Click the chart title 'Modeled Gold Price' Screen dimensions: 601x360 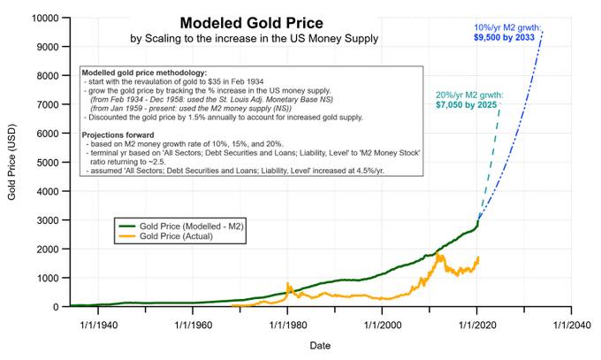251,23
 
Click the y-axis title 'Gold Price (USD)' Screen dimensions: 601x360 11,162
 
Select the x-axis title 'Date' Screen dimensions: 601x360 320,346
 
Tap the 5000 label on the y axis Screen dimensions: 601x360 48,163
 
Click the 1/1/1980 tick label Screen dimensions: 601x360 288,326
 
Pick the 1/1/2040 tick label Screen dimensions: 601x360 572,326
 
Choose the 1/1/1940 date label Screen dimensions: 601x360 98,326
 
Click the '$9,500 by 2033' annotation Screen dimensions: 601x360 504,38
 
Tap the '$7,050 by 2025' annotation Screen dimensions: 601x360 466,104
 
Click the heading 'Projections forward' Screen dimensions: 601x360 118,135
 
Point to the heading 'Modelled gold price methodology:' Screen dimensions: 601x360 144,73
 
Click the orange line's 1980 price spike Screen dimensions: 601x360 287,284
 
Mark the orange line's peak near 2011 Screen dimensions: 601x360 437,253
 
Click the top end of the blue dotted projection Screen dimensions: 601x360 543,32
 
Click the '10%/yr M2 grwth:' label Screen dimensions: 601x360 507,27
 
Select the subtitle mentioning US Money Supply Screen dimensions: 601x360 255,39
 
